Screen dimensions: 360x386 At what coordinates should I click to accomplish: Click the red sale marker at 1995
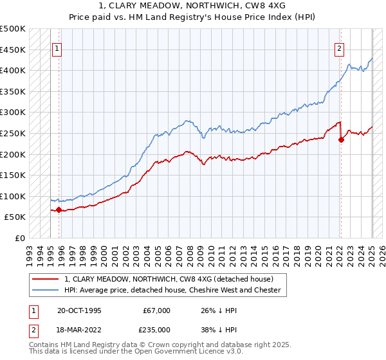pos(59,210)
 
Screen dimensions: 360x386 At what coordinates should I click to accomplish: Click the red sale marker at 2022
pos(341,140)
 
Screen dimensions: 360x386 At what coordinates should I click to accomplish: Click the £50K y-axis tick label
pos(15,217)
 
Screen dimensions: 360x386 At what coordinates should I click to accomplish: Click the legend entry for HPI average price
pos(172,291)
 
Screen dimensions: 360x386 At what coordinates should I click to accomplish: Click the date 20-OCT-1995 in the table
pos(78,310)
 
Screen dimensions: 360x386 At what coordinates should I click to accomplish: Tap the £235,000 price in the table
pos(156,328)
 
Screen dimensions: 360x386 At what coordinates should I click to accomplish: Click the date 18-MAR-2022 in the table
pos(78,328)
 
